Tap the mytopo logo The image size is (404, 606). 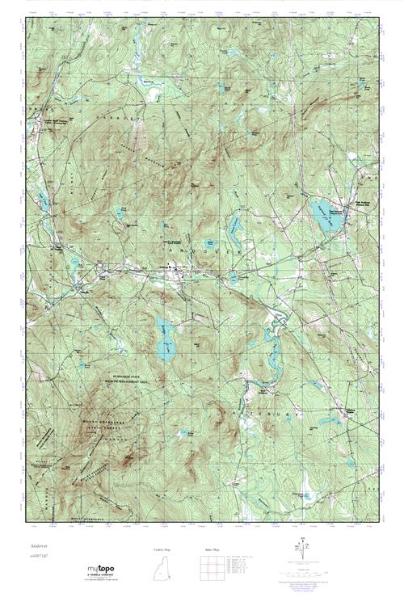(103, 569)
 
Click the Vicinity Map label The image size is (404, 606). (162, 549)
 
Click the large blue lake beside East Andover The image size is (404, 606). (327, 217)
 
